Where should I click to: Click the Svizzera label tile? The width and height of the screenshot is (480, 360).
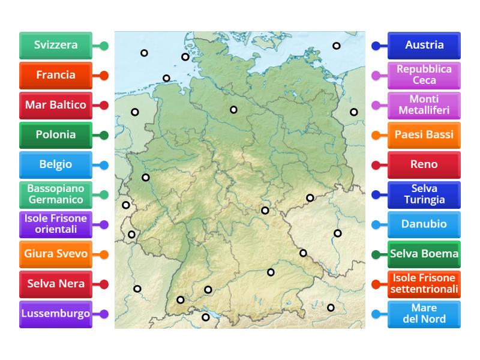56,46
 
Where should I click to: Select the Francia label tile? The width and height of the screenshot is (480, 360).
56,76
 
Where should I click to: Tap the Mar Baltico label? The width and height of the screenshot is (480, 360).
56,105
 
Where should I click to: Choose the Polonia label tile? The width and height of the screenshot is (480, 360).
56,135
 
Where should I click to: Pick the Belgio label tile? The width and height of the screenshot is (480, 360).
56,164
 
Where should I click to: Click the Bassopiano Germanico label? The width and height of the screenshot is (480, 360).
56,194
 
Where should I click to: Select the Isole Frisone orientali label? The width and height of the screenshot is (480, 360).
56,224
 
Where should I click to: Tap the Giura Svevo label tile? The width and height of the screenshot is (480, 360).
56,254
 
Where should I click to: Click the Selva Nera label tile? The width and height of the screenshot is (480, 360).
56,284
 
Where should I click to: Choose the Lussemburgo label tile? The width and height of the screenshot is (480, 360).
56,313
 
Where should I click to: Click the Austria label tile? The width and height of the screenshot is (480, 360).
424,46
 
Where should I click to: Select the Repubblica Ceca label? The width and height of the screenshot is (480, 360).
424,76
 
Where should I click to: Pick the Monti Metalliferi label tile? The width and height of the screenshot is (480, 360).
424,105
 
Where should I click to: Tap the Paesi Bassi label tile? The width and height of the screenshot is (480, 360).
424,135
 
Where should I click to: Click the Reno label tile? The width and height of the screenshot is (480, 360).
424,164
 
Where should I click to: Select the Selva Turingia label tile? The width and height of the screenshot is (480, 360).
424,194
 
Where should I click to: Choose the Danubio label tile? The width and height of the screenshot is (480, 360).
424,224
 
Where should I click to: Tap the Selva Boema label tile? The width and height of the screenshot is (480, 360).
424,254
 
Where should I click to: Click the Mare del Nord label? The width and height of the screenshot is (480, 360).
424,313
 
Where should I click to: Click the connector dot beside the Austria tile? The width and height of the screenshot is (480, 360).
376,46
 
